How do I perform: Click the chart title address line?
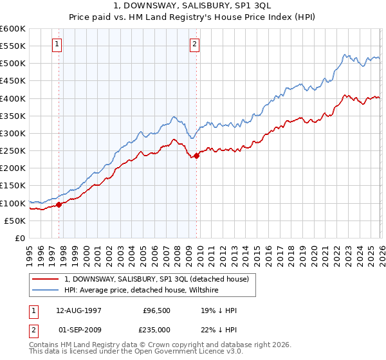pyautogui.click(x=193, y=6)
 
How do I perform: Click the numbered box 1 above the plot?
pyautogui.click(x=58, y=44)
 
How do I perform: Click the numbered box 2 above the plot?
pyautogui.click(x=194, y=44)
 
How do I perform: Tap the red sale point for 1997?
pyautogui.click(x=59, y=204)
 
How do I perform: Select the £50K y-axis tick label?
pyautogui.click(x=15, y=221)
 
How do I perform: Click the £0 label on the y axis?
pyautogui.click(x=21, y=238)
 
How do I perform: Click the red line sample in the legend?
pyautogui.click(x=46, y=279)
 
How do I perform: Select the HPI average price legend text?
pyautogui.click(x=142, y=290)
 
